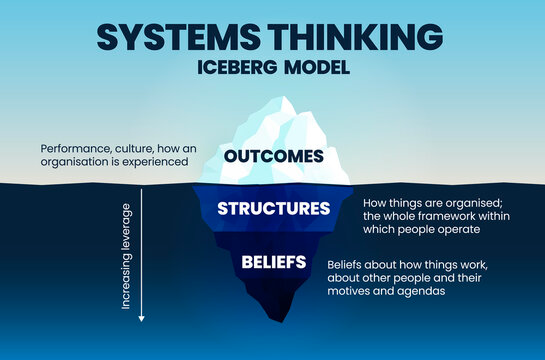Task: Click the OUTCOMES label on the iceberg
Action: (x=273, y=156)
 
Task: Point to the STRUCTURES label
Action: (x=273, y=209)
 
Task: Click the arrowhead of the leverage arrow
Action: (x=141, y=318)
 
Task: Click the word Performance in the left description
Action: (x=73, y=148)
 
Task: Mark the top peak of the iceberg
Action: (x=288, y=99)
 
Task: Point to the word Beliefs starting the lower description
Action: (x=347, y=263)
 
